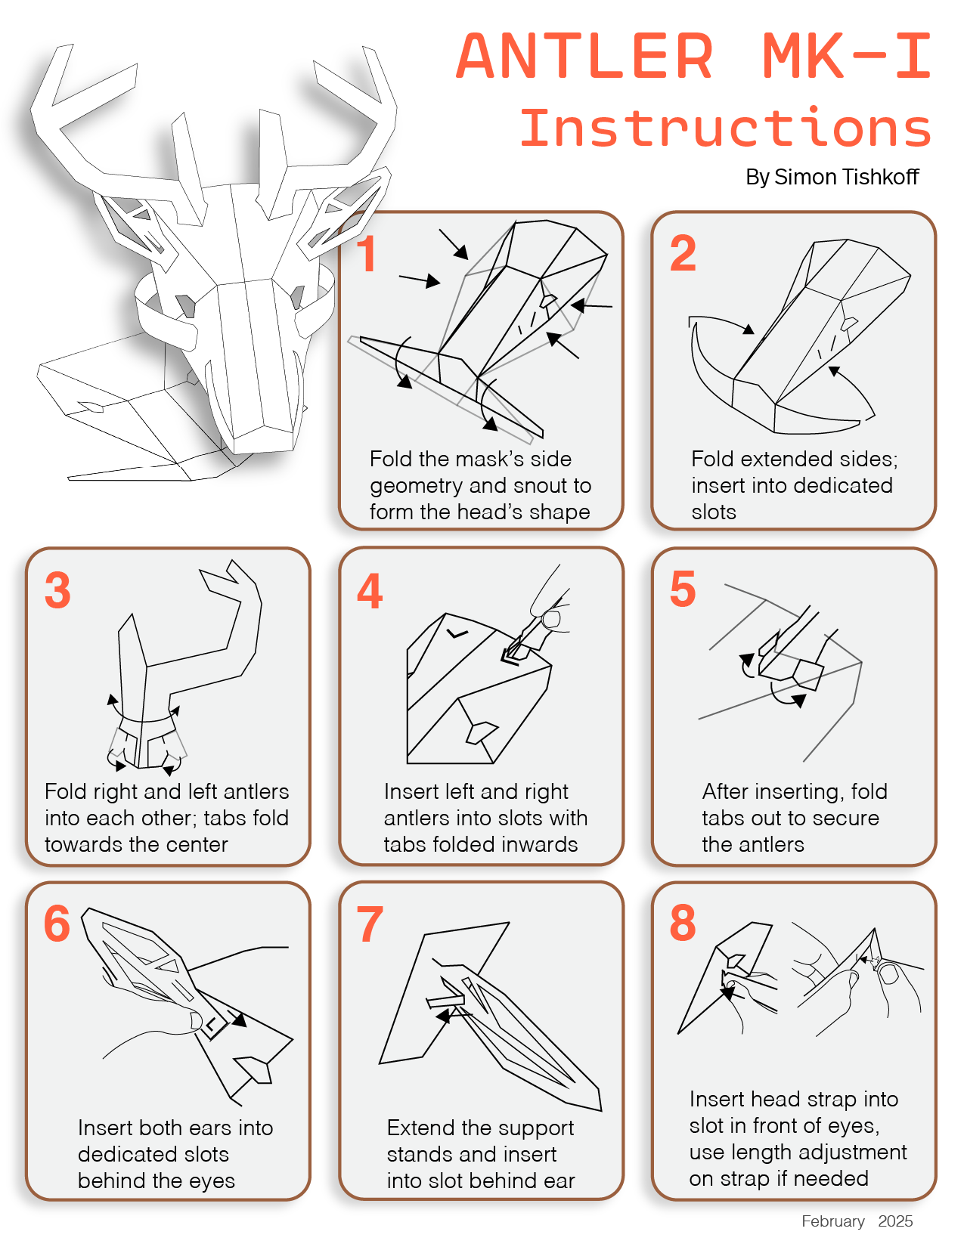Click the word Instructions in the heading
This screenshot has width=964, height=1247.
(x=726, y=128)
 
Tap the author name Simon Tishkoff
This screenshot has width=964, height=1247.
(x=846, y=177)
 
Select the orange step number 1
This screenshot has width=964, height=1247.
(x=367, y=254)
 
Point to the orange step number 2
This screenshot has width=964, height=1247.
(x=683, y=253)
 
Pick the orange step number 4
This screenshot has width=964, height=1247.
(x=370, y=590)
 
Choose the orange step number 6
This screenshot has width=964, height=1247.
(x=57, y=924)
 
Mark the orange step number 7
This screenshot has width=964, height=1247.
(x=370, y=924)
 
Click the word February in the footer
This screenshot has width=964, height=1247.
(x=833, y=1221)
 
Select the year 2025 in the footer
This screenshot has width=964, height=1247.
(x=895, y=1221)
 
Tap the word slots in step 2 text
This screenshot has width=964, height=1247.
(x=714, y=512)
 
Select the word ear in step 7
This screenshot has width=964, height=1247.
(x=559, y=1180)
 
